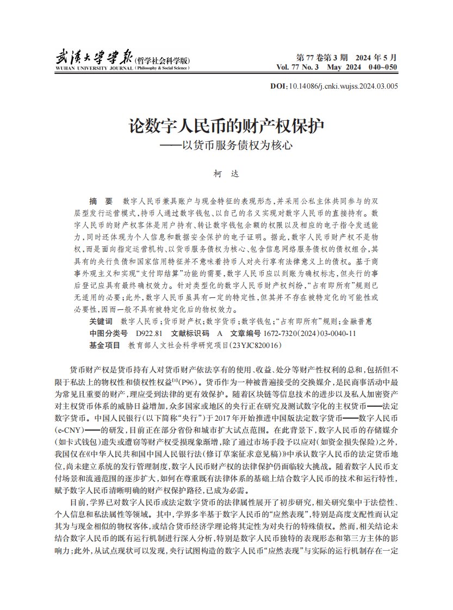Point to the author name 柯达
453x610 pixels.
(x=226, y=175)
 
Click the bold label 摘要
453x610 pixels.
(x=101, y=201)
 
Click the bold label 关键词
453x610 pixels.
(x=101, y=321)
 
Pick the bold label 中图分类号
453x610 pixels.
(x=108, y=333)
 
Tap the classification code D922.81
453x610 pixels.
(x=149, y=333)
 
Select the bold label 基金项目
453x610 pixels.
(x=104, y=345)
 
